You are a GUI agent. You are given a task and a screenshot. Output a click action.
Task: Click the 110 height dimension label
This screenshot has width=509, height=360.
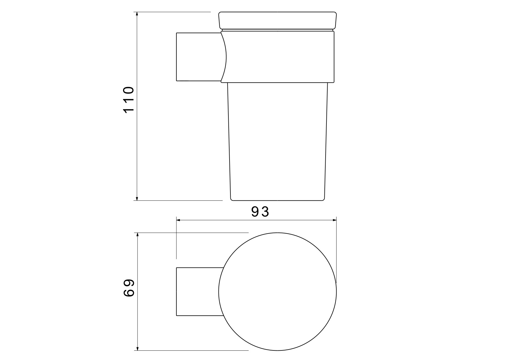(x=129, y=100)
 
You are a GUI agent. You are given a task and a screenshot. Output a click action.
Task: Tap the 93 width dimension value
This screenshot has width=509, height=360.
(x=260, y=212)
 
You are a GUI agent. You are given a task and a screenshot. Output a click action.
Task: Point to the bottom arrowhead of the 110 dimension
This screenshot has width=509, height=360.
(x=137, y=197)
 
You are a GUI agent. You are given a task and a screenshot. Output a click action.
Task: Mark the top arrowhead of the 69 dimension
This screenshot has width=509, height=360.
(x=138, y=236)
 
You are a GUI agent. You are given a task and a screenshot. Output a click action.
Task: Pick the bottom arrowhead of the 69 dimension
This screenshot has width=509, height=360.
(x=138, y=347)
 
